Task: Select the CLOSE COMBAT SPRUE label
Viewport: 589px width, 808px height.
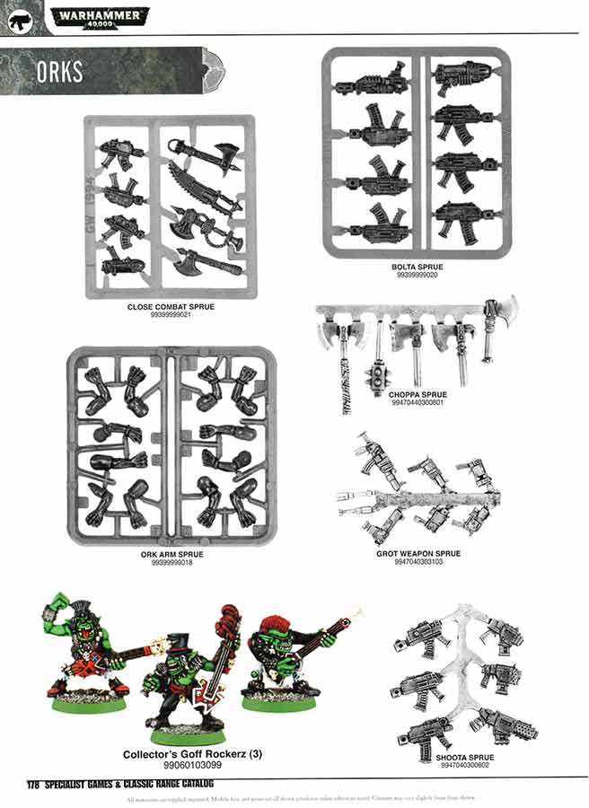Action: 171,307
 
